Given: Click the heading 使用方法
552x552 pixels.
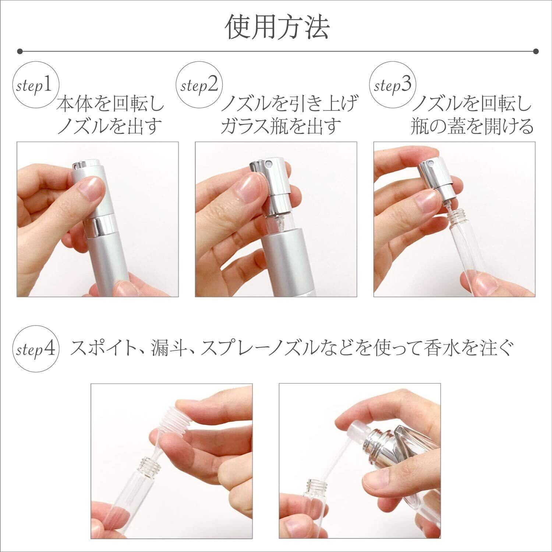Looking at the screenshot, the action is coord(277,27).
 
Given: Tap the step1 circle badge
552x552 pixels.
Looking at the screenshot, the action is coord(36,86).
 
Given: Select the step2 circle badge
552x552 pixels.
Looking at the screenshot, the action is coord(199,86).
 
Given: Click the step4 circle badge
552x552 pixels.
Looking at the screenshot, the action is coord(36,348).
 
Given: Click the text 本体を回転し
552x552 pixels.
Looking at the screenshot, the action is coord(110,104).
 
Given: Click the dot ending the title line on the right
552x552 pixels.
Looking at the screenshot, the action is coord(535,51).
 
